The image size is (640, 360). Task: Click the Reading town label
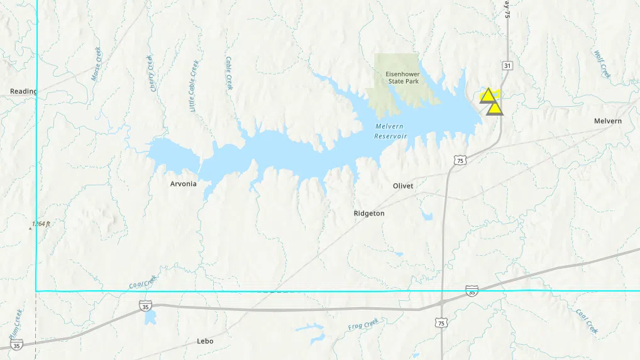(23, 91)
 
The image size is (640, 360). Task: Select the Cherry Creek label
(152, 74)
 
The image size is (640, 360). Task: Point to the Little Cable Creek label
(194, 86)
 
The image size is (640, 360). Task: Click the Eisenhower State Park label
(403, 77)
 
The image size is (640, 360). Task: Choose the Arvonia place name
(183, 184)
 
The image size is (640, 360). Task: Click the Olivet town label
(403, 186)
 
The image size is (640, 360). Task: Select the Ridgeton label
(369, 214)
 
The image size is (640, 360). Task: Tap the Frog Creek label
(363, 325)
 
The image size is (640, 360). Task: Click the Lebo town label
(205, 341)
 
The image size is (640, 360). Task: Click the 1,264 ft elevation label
(41, 224)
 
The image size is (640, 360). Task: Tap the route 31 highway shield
(507, 65)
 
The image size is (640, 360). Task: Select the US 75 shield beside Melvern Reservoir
(461, 161)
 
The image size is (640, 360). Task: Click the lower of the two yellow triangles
(495, 109)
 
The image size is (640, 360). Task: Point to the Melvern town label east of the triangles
(607, 121)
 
